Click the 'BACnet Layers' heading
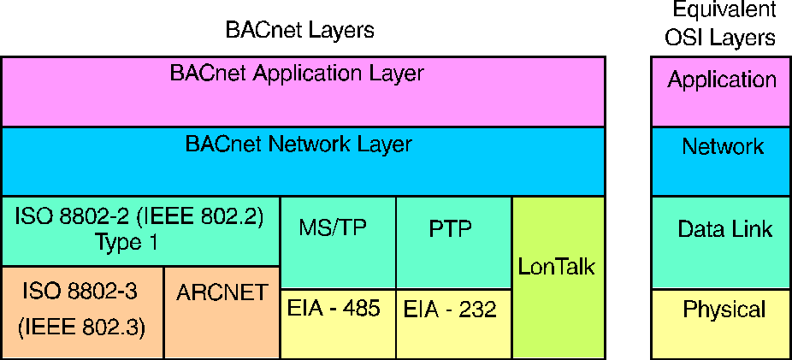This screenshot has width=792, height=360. coord(299,31)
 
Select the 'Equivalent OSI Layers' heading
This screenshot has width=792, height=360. coord(722,24)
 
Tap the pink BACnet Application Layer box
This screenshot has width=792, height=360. coord(303,91)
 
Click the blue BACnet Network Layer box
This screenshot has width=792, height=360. coord(303,161)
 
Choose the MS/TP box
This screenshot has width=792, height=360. coord(338,242)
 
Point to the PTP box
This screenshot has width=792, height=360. coord(453,242)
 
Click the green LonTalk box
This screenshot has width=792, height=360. coord(558,277)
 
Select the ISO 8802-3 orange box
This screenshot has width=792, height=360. coord(82,312)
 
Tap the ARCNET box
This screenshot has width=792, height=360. coord(222,312)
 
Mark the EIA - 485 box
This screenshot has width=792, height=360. coord(338,323)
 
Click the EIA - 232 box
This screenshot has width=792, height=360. coord(453,323)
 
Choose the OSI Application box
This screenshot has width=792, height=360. coord(720,91)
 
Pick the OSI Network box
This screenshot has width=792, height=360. coord(720,161)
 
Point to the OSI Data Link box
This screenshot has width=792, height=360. coord(720,242)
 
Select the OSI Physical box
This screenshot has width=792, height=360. coord(720,323)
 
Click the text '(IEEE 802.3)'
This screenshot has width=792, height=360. coord(82,327)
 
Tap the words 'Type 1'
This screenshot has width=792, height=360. coord(127,242)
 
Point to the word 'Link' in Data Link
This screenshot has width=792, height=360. coord(753,229)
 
